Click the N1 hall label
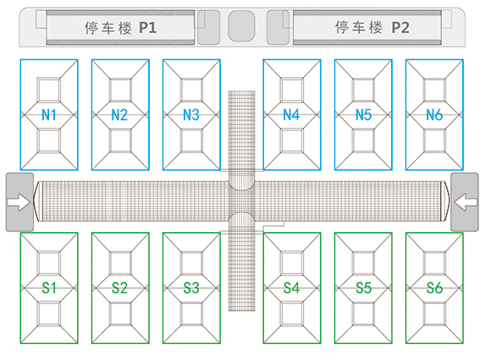[x=49, y=115]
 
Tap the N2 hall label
[x=119, y=115]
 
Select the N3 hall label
[x=191, y=115]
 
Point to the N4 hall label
[x=291, y=114]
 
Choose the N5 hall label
[x=363, y=115]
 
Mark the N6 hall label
[x=434, y=115]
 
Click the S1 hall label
[x=49, y=288]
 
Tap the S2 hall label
[x=119, y=288]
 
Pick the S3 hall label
[x=191, y=288]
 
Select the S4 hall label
[x=291, y=288]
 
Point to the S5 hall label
[x=363, y=288]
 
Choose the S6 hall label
[x=434, y=288]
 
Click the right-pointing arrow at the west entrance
[x=19, y=202]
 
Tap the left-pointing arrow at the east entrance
[x=466, y=202]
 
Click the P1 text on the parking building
[x=148, y=28]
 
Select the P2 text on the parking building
[x=400, y=28]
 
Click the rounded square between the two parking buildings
[x=241, y=25]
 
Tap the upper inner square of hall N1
[x=49, y=90]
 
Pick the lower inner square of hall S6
[x=434, y=314]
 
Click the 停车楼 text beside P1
[x=108, y=28]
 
